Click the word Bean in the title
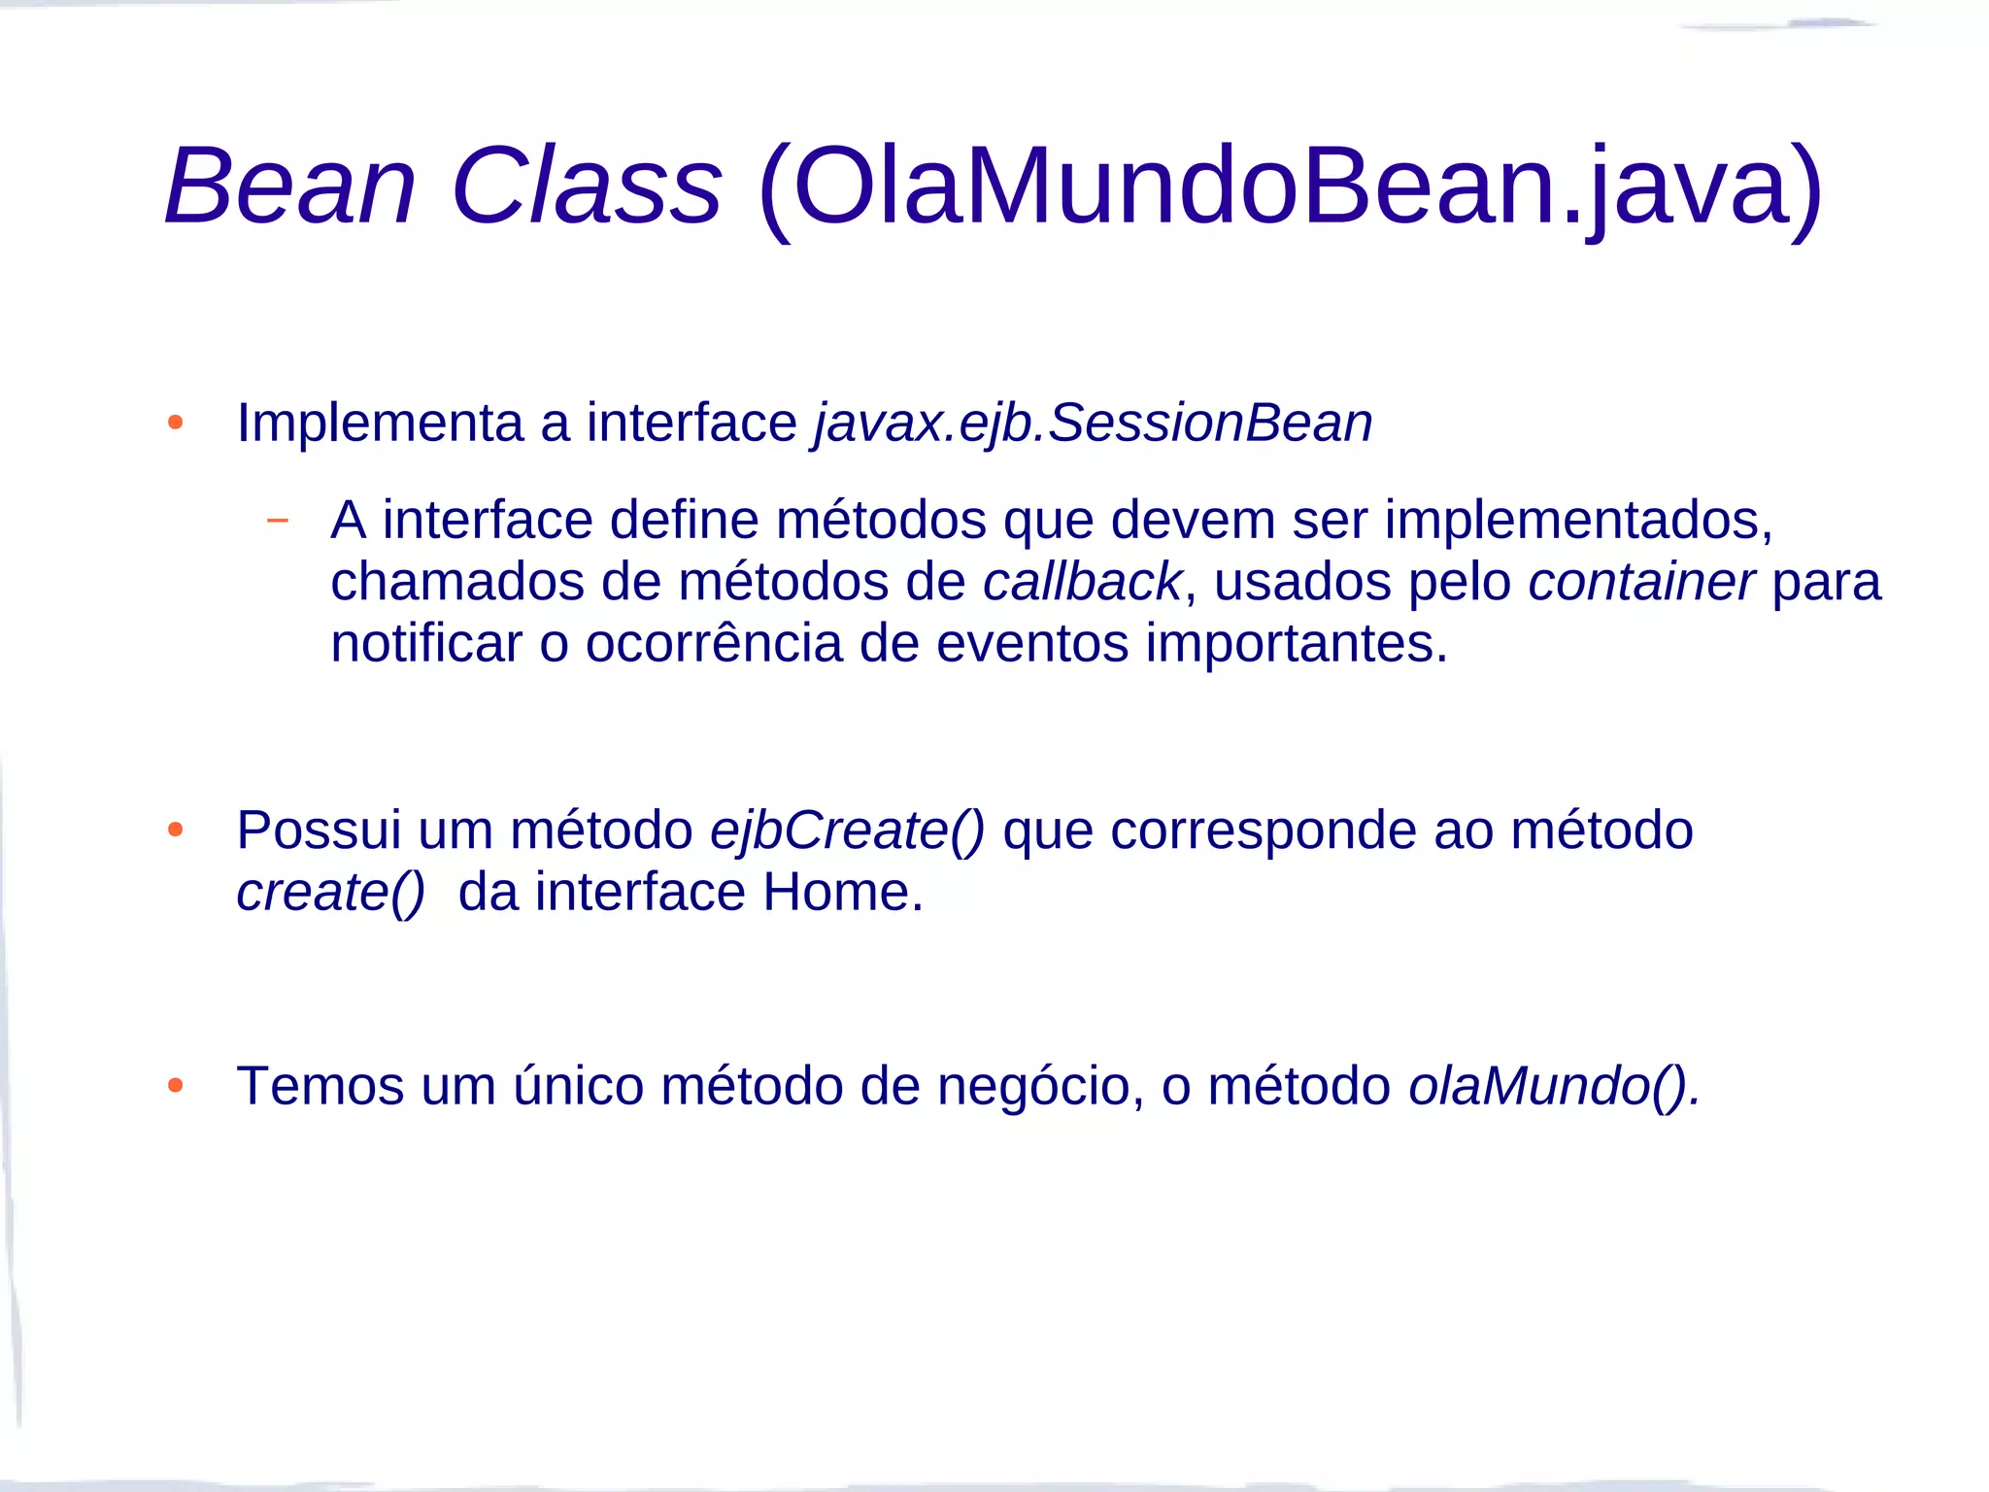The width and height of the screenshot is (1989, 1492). pyautogui.click(x=290, y=186)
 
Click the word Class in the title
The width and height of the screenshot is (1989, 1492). pyautogui.click(x=587, y=186)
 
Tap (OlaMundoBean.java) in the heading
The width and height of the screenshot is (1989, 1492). pyautogui.click(x=1290, y=187)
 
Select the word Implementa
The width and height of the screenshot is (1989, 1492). pyautogui.click(x=381, y=424)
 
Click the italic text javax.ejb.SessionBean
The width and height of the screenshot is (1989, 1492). pyautogui.click(x=1094, y=424)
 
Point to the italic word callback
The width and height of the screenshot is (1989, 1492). pyautogui.click(x=1082, y=582)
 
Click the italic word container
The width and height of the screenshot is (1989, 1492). pyautogui.click(x=1641, y=582)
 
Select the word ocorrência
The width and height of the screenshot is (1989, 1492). pyautogui.click(x=714, y=643)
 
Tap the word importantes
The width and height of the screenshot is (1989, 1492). pyautogui.click(x=1297, y=645)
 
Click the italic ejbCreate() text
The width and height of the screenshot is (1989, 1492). pyautogui.click(x=847, y=831)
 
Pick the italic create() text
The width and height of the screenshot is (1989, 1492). pyautogui.click(x=330, y=893)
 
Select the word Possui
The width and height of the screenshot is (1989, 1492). pyautogui.click(x=319, y=831)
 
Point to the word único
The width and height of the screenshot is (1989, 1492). pyautogui.click(x=578, y=1086)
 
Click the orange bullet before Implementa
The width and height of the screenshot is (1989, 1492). pyautogui.click(x=175, y=423)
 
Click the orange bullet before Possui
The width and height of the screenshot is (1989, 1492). pyautogui.click(x=175, y=830)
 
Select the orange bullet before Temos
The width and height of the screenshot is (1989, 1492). pyautogui.click(x=175, y=1085)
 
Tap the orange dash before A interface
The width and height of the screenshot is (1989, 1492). pyautogui.click(x=278, y=521)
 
